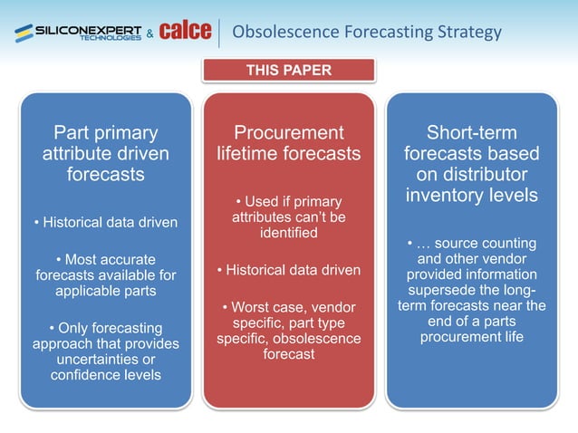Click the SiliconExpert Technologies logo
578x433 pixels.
[x=77, y=33]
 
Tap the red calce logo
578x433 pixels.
[x=185, y=32]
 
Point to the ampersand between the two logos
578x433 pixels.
[x=149, y=34]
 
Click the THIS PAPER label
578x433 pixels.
[x=288, y=70]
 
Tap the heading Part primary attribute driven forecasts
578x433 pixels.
[x=105, y=153]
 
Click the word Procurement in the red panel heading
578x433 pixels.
[x=288, y=133]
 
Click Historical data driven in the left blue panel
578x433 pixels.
[x=105, y=222]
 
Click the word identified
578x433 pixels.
[x=288, y=233]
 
